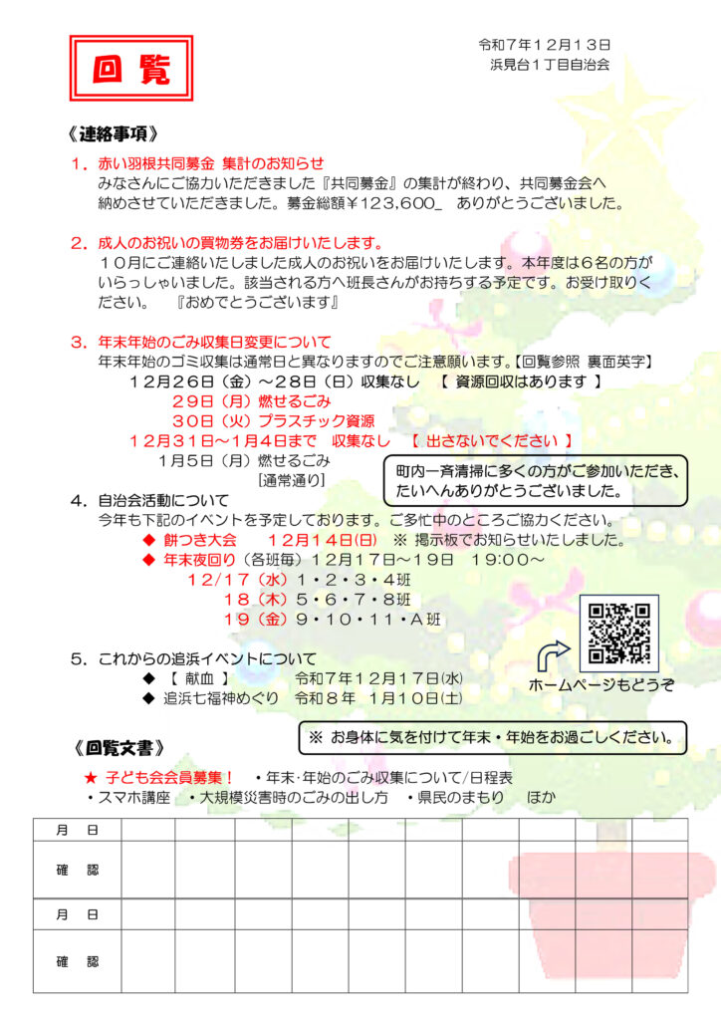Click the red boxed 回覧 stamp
(131, 68)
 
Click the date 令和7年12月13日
(544, 45)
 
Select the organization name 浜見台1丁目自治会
(550, 64)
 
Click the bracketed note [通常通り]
(291, 479)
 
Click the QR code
(618, 634)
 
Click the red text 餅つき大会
(200, 540)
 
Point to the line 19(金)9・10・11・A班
(333, 619)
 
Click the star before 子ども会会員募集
(90, 778)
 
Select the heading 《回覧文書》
(119, 746)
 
